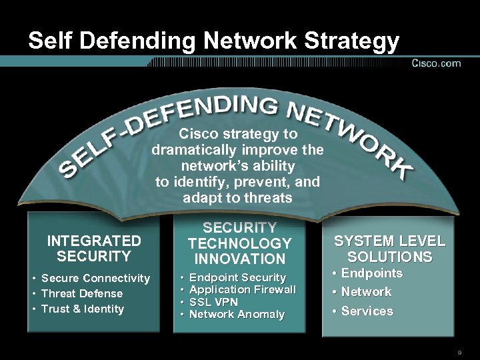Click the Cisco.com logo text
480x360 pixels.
[436, 63]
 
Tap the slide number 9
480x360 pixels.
[459, 352]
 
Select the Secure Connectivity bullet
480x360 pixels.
[95, 278]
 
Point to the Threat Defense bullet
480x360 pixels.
[82, 293]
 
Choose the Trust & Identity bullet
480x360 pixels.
[83, 309]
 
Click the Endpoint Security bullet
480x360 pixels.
[237, 277]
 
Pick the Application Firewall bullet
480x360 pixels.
[243, 289]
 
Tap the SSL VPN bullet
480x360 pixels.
[213, 302]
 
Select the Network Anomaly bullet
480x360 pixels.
[237, 314]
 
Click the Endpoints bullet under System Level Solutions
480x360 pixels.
[372, 273]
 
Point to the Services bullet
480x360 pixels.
[367, 311]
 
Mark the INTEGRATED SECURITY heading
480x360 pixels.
[93, 247]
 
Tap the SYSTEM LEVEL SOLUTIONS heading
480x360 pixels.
[389, 249]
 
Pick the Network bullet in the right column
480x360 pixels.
[366, 292]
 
